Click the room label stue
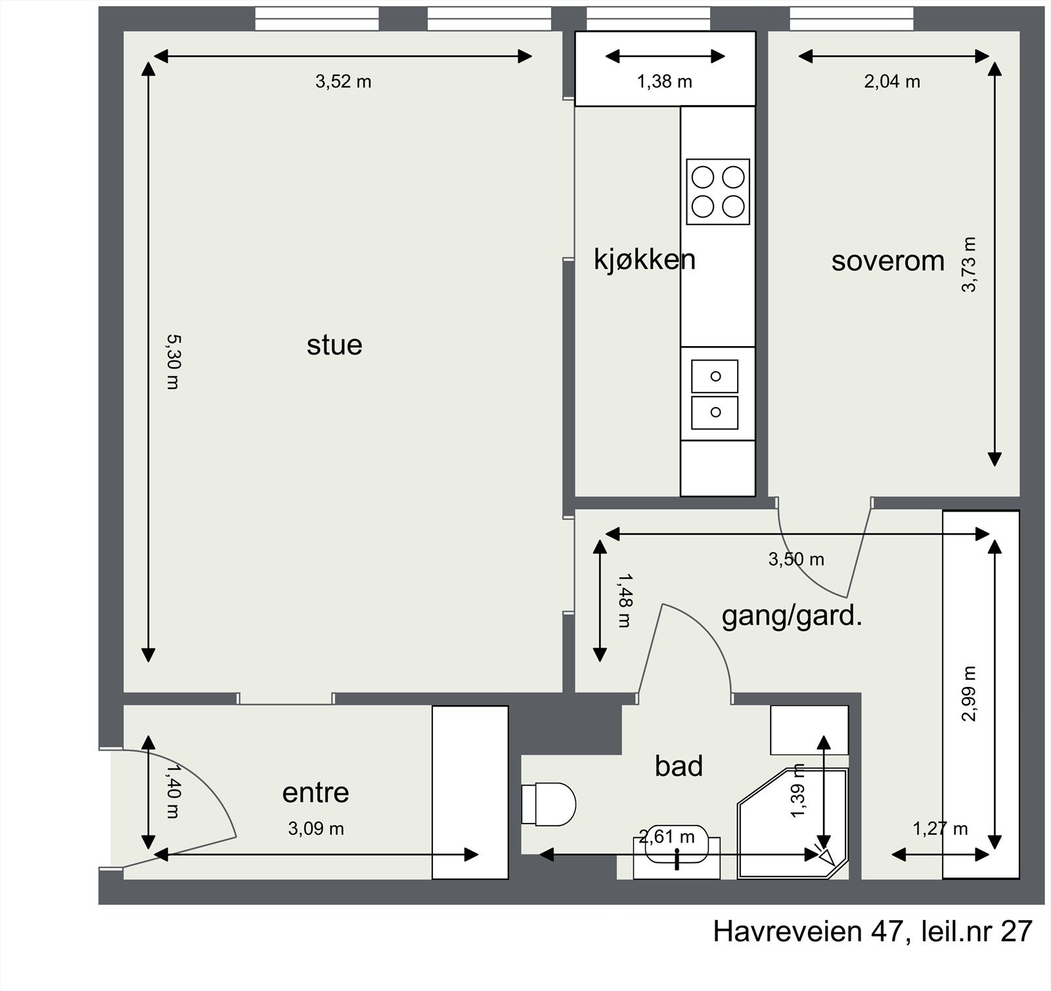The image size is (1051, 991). pos(334,345)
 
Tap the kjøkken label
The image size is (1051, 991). pos(644,259)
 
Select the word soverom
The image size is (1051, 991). pos(887,261)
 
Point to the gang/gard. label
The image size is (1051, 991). pos(791,617)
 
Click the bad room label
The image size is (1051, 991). pos(679,766)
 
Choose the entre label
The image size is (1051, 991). pos(315,793)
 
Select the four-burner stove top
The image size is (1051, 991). pos(718,192)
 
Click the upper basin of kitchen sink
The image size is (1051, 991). pos(715,376)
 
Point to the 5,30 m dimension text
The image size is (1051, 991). pos(173,362)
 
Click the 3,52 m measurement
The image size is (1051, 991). pos(343,82)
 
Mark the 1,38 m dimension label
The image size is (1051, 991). pos(664,82)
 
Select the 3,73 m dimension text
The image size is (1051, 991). pos(969,264)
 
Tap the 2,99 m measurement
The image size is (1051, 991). pos(969,694)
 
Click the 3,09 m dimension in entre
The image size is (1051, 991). pos(316,829)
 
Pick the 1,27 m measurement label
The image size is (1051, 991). pos(940,829)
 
